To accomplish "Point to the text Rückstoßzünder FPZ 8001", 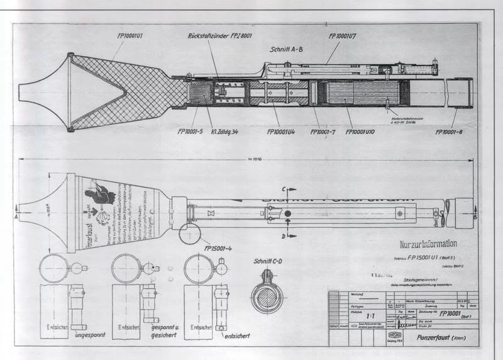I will point(221,35).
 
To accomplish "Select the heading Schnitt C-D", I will point(269,262).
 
